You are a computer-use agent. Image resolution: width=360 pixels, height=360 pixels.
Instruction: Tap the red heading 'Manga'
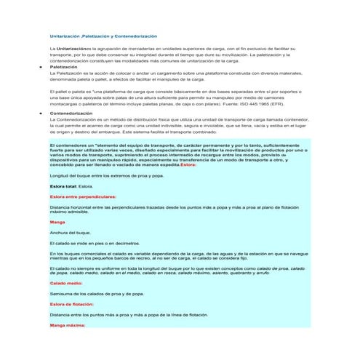click(x=57, y=220)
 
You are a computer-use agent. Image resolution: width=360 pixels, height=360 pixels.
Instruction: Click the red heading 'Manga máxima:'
click(x=68, y=325)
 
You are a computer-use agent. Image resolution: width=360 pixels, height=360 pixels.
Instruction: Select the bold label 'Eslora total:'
click(x=63, y=186)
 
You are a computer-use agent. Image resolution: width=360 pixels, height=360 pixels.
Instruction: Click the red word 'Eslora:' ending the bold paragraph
click(x=188, y=165)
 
